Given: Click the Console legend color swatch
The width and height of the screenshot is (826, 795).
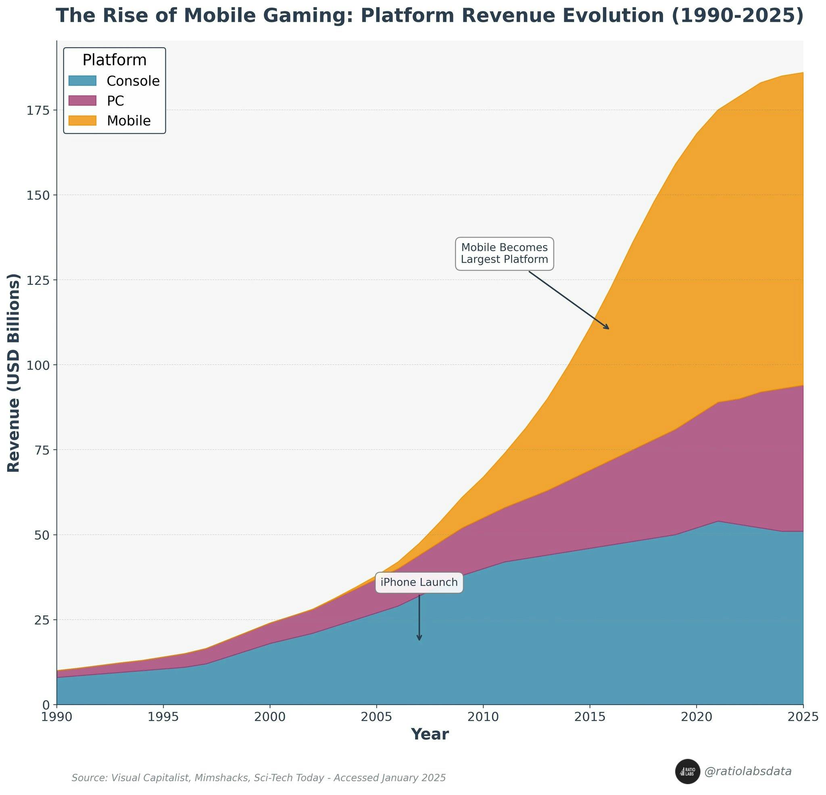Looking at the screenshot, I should point(83,81).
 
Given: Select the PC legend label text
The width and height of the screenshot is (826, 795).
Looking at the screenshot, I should point(115,101).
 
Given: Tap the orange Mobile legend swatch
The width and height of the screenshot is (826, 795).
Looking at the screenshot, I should point(83,121).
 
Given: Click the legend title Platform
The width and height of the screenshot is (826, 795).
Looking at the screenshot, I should point(114,60).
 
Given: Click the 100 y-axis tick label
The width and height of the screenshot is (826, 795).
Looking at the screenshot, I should point(38,365).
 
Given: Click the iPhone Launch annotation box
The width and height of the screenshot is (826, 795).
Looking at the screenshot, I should point(419,582).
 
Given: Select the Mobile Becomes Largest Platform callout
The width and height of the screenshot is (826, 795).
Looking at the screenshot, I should point(504,253).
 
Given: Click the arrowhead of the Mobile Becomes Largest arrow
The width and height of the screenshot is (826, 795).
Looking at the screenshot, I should point(607,328).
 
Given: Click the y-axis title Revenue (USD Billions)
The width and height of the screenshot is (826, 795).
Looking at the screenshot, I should point(14,373).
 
